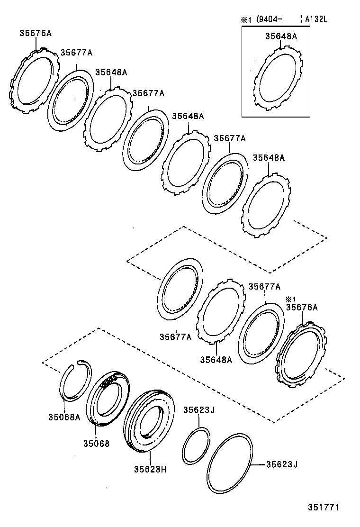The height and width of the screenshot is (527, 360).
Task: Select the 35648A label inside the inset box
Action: (281, 36)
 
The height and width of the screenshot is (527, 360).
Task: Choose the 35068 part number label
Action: (96, 444)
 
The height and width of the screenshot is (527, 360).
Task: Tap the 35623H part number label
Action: (150, 471)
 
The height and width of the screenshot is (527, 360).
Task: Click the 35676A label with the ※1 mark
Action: (302, 308)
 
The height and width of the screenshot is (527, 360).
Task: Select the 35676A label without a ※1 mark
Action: (36, 33)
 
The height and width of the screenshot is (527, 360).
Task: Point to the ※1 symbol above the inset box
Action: (245, 19)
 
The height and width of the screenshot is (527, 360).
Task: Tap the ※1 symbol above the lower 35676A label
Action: (290, 299)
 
